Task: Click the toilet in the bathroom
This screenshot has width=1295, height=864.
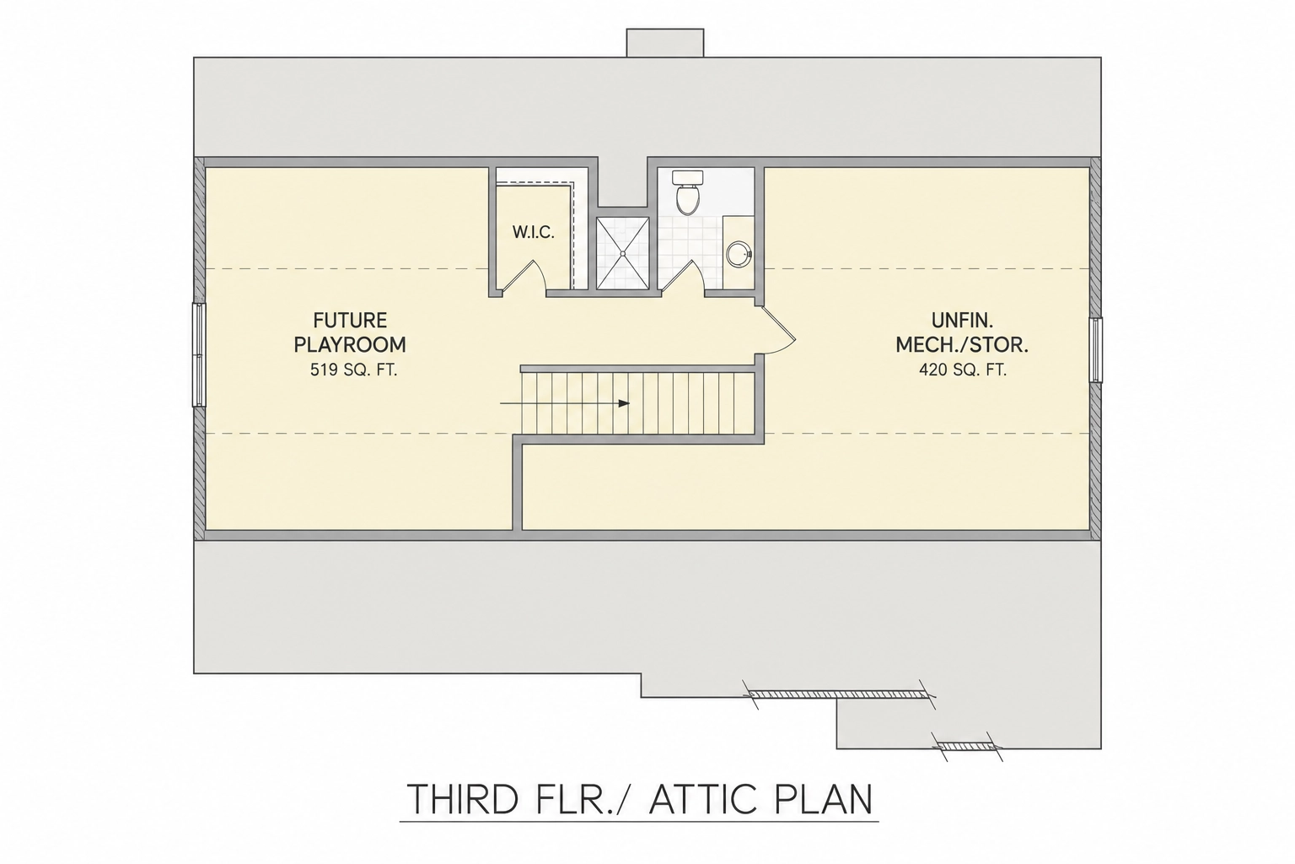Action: (687, 192)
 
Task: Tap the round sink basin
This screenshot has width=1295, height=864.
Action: (739, 254)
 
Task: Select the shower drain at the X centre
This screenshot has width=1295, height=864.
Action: (623, 253)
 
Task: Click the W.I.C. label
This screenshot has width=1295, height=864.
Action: (533, 233)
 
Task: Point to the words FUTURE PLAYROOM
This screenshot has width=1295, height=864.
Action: (350, 332)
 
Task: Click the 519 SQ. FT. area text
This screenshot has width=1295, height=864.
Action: (354, 370)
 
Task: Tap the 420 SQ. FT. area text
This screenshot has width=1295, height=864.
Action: (963, 370)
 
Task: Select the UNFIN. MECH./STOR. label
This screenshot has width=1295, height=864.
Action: (962, 332)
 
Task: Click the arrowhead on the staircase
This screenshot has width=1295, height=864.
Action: (624, 403)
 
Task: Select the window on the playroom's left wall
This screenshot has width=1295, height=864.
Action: (199, 354)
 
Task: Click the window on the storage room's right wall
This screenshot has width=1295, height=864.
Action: (1095, 350)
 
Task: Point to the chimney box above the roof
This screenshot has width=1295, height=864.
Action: (665, 43)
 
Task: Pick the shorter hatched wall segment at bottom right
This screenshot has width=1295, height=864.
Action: (969, 747)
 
